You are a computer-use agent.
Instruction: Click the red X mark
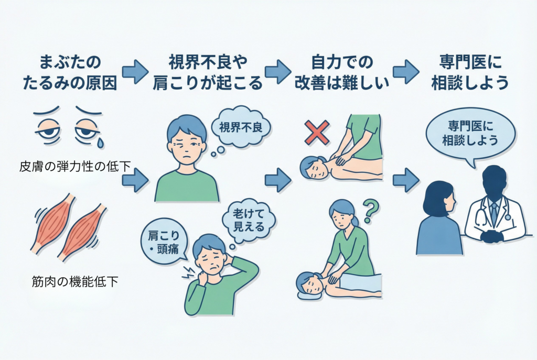317,133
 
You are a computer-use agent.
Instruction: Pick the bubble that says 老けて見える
249,221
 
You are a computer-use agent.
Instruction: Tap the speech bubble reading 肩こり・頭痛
164,242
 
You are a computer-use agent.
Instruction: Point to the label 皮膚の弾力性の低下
75,167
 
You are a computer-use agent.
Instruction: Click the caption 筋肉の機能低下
74,282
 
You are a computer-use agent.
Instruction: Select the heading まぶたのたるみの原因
70,72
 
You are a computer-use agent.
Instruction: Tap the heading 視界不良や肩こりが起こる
207,72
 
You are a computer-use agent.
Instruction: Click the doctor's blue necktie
493,213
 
